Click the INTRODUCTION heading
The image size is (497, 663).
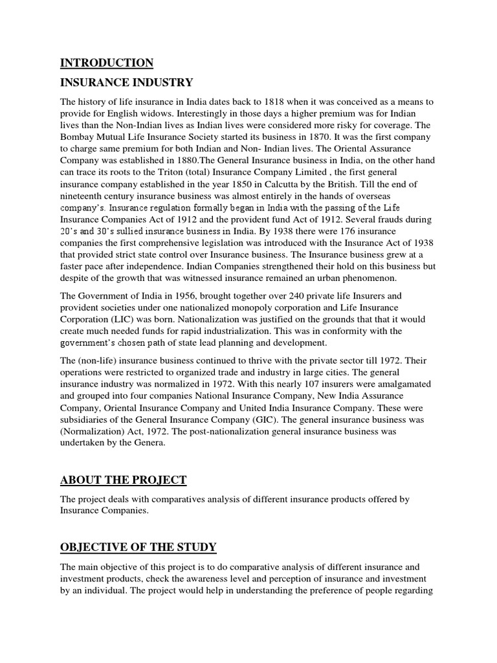pyautogui.click(x=107, y=63)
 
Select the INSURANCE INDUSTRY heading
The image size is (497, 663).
pyautogui.click(x=126, y=83)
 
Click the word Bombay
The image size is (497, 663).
pyautogui.click(x=77, y=137)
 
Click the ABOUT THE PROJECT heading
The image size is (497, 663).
pyautogui.click(x=123, y=480)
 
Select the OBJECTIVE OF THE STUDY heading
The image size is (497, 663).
pyautogui.click(x=138, y=547)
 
